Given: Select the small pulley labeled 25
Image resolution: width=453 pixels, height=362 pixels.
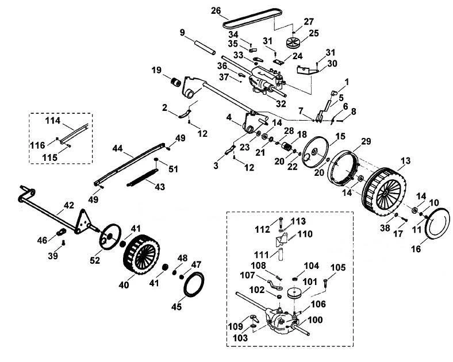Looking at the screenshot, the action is tap(293, 43).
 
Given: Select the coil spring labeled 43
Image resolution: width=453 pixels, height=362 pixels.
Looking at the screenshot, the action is tap(143, 178).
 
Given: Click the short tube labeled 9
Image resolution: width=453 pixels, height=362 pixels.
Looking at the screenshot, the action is tap(205, 48).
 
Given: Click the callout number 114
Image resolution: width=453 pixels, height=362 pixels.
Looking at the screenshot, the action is tap(52, 120).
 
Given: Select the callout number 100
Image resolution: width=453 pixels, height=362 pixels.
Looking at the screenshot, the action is tap(315, 320).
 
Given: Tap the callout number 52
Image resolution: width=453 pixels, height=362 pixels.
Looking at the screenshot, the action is tap(95, 260).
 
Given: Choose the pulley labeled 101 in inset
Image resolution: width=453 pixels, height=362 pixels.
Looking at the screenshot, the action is tap(294, 294).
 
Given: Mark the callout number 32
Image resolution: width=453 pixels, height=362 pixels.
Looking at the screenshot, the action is tap(281, 103).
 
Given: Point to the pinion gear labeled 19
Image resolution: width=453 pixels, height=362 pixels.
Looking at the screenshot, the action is tap(175, 82).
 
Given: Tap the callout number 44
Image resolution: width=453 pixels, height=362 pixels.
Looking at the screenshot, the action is tap(118, 148).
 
